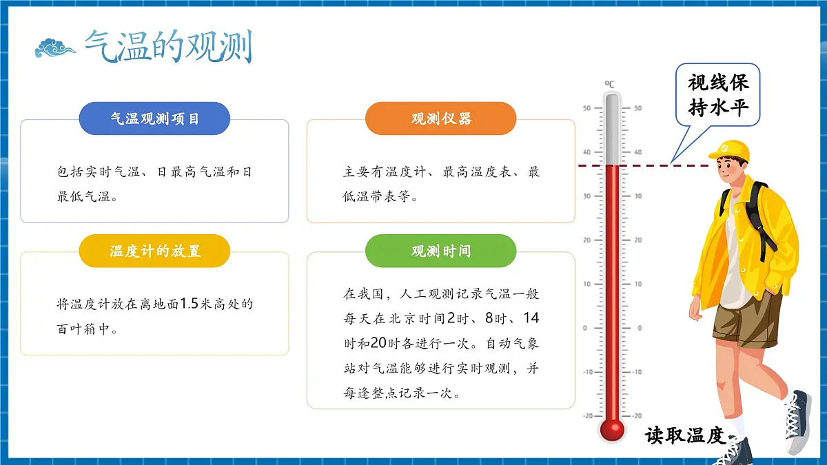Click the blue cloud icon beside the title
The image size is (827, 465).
tap(55, 48)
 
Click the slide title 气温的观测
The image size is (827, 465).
tap(168, 47)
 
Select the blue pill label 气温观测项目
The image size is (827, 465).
tap(154, 118)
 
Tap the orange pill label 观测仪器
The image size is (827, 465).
tap(441, 118)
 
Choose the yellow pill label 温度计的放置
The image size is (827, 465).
tap(154, 251)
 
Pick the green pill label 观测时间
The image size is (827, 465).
tap(441, 251)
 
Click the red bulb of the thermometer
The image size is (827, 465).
tap(611, 430)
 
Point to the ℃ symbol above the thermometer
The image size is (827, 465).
tap(610, 84)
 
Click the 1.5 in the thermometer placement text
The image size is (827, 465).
tap(189, 304)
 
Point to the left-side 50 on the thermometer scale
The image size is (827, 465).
tap(586, 108)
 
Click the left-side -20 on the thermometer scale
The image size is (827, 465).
tap(587, 415)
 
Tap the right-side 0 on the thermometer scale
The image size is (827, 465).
tap(637, 328)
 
